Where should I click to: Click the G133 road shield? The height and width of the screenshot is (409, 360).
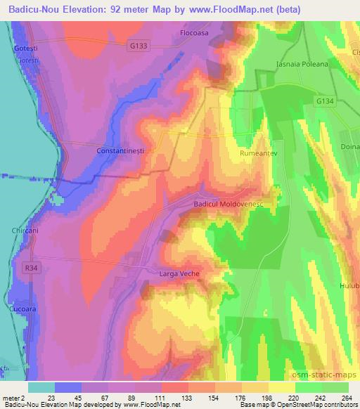(139, 45)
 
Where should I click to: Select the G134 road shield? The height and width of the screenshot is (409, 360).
(324, 102)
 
